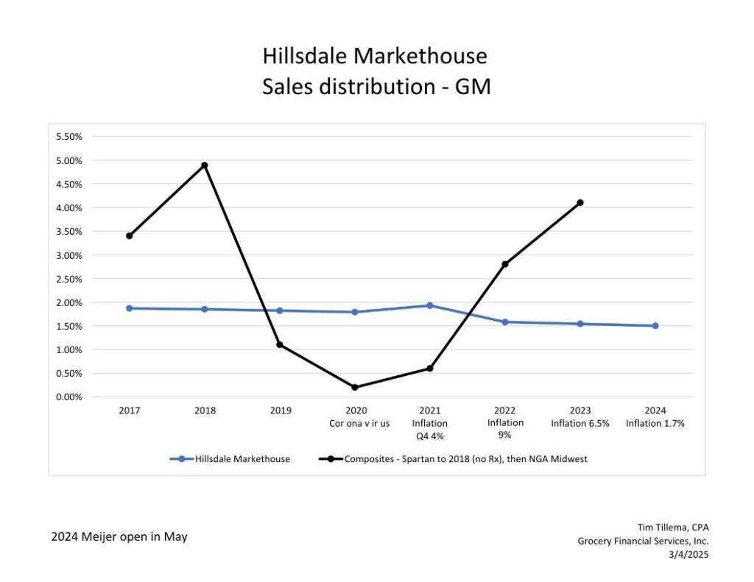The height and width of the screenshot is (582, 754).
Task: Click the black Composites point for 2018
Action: [x=205, y=165]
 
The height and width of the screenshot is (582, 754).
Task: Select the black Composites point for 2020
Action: [x=355, y=387]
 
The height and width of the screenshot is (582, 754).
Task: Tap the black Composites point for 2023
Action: [x=580, y=202]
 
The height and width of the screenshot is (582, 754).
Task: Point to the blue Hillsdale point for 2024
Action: [x=655, y=326]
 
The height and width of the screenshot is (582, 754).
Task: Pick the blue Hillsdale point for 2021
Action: [x=430, y=305]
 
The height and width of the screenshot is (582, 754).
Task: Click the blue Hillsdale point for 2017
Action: [x=130, y=308]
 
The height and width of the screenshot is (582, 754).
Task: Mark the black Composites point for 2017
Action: [x=130, y=235]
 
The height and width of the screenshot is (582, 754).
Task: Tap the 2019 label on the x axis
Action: [x=280, y=411]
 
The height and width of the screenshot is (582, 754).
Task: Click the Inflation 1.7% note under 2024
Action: [x=655, y=423]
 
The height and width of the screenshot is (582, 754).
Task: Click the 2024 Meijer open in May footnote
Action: [x=119, y=537]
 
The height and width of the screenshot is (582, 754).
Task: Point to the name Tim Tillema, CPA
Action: [x=672, y=527]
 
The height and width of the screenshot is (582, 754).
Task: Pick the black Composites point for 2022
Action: [x=505, y=264]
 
